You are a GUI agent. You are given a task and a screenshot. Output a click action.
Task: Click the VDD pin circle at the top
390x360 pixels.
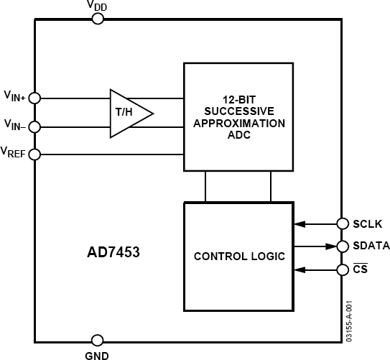98,18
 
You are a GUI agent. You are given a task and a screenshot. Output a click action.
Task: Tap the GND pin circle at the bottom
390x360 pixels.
98,340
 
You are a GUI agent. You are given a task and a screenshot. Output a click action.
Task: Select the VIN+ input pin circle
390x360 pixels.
34,98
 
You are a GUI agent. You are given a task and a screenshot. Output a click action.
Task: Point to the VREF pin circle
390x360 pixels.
34,154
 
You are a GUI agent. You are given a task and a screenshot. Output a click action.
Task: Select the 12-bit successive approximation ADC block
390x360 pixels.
238,117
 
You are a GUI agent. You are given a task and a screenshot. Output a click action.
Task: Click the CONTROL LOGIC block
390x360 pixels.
238,256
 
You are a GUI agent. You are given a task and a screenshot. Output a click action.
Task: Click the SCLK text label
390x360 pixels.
367,223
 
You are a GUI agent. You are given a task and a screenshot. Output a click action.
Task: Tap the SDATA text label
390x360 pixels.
371,246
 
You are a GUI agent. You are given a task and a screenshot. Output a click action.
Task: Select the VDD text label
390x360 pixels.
98,6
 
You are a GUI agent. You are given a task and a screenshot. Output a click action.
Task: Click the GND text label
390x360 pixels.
98,355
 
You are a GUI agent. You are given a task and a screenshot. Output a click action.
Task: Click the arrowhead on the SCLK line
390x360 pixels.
299,223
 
